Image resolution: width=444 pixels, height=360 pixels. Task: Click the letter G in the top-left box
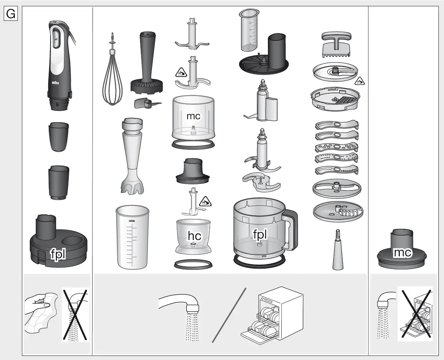tap(10, 14)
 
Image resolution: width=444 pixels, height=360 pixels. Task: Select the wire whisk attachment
tap(112, 80)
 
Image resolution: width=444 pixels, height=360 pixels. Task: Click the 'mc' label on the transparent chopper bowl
tap(193, 116)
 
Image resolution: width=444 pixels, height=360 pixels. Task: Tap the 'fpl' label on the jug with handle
tap(260, 234)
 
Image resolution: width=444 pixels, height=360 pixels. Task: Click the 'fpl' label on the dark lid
tap(58, 254)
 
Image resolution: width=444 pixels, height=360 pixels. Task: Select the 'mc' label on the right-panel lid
tap(402, 253)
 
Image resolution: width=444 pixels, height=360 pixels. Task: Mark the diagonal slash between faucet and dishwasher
tap(229, 315)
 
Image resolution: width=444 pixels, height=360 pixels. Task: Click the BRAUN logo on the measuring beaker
tap(131, 221)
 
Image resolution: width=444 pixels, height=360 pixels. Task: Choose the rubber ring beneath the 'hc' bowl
tap(193, 264)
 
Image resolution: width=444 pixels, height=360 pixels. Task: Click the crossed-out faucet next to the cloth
tap(75, 314)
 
